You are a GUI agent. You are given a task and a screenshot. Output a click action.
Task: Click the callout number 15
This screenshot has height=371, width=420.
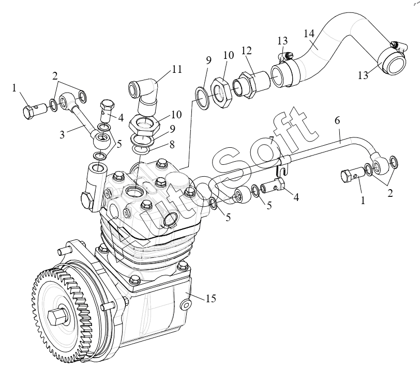[x=211, y=298]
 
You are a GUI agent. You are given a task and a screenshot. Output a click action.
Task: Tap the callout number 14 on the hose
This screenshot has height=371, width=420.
[x=309, y=33]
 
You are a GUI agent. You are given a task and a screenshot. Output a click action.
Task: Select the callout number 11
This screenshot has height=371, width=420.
[x=177, y=69]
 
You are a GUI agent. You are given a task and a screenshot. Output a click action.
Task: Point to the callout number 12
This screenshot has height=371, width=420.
[x=247, y=50]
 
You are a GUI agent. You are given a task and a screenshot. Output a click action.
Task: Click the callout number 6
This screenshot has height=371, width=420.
[x=337, y=121]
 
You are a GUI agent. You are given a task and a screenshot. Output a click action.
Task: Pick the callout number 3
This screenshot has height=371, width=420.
[x=62, y=134]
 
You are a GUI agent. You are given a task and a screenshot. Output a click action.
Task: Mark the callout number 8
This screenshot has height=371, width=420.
[x=172, y=144]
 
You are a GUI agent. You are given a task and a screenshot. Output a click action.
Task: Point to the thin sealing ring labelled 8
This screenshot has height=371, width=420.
[x=141, y=150]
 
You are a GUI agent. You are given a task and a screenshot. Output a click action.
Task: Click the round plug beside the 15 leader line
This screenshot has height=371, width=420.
[x=186, y=305]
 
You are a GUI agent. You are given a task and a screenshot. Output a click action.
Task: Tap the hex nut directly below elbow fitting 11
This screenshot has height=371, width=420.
[x=144, y=125]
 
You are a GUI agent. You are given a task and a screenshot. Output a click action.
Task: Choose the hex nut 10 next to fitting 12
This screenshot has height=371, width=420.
[x=221, y=93]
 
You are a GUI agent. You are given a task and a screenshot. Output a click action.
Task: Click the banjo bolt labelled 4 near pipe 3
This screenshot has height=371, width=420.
[x=107, y=110]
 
